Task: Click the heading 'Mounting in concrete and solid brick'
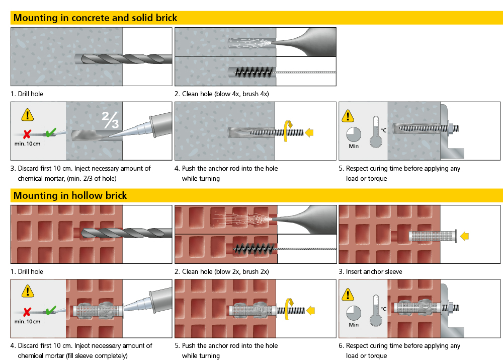[x=95, y=18]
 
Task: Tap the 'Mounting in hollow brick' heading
[x=70, y=195]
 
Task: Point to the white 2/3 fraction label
[x=110, y=120]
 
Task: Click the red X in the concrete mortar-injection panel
[x=27, y=134]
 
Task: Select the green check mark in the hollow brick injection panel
[x=51, y=310]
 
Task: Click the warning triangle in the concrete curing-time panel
[x=348, y=116]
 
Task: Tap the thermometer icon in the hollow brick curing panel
[x=376, y=311]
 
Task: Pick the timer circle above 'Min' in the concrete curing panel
[x=354, y=134]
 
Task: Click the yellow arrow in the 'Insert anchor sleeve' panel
[x=464, y=236]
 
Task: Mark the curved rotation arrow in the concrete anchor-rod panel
[x=288, y=131]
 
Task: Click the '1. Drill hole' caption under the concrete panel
[x=27, y=94]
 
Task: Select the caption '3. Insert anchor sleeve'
[x=370, y=272]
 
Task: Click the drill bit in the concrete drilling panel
[x=124, y=59]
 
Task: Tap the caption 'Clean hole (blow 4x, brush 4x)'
[x=225, y=94]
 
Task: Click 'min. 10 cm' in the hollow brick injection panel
[x=27, y=321]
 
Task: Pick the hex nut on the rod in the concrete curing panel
[x=451, y=128]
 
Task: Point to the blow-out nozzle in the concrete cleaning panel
[x=305, y=42]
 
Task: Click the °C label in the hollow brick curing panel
[x=383, y=309]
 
